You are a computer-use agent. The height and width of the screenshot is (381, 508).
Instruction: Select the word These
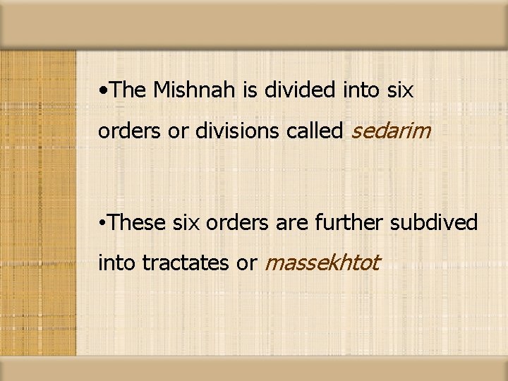[135, 222]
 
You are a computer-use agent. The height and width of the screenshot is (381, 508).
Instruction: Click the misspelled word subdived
[434, 222]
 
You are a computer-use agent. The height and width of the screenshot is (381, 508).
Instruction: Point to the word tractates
[186, 263]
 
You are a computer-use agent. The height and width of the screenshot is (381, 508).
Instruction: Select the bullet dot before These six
[104, 223]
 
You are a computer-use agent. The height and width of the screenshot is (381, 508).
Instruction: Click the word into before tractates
[117, 263]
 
